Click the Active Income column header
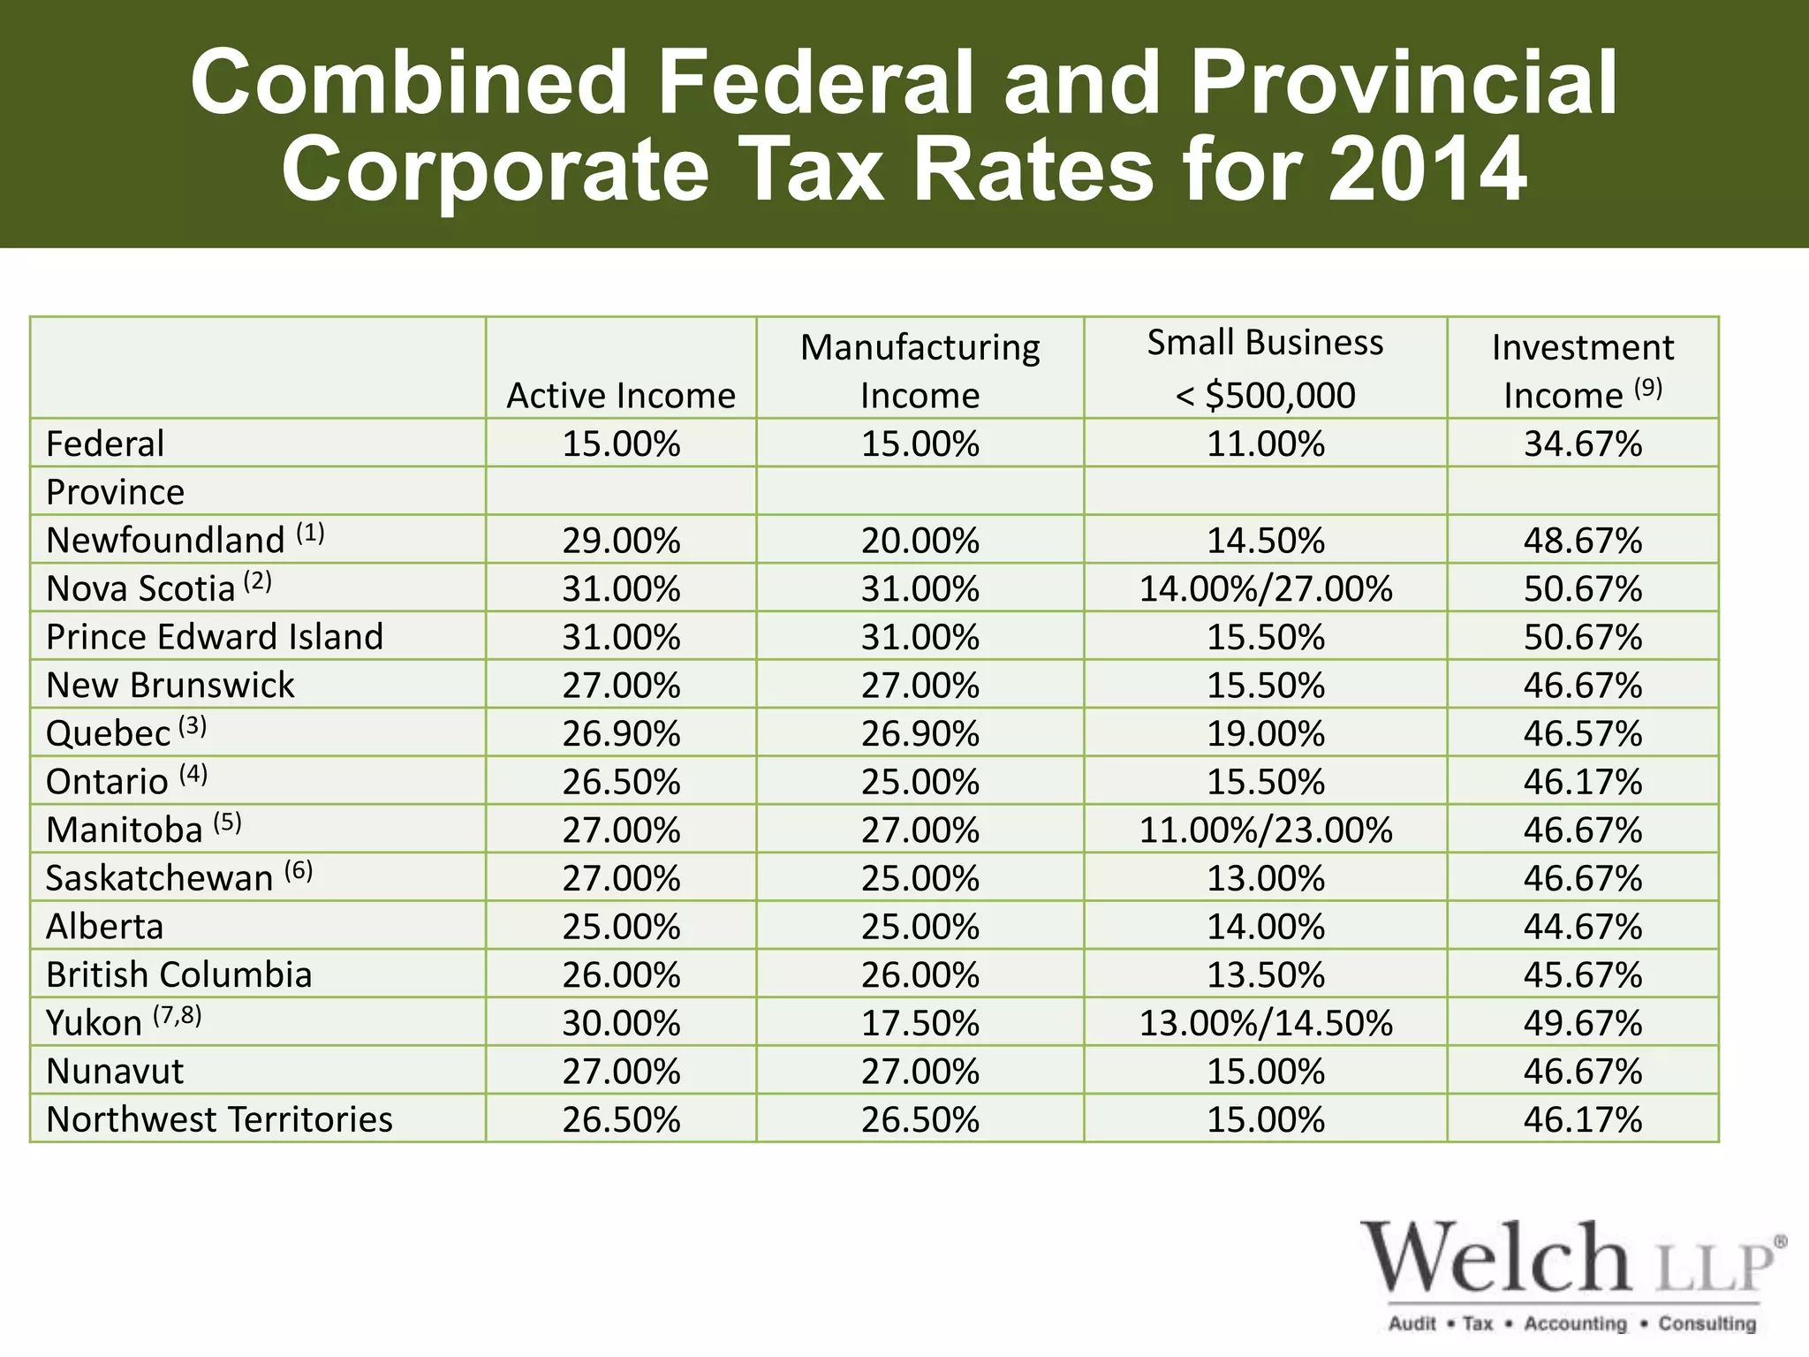620,395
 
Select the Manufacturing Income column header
920,370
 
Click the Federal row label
105,443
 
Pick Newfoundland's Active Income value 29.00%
621,540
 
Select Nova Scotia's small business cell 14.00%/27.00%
1265,588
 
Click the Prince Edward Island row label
215,637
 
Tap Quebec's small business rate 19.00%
1265,733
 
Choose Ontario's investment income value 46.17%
1582,782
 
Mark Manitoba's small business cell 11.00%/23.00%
1265,830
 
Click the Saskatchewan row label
160,878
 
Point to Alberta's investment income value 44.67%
1582,927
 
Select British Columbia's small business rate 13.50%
1265,974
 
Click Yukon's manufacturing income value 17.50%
920,1023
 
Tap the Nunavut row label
115,1072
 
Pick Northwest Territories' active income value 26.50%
621,1119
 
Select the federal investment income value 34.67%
1582,443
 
